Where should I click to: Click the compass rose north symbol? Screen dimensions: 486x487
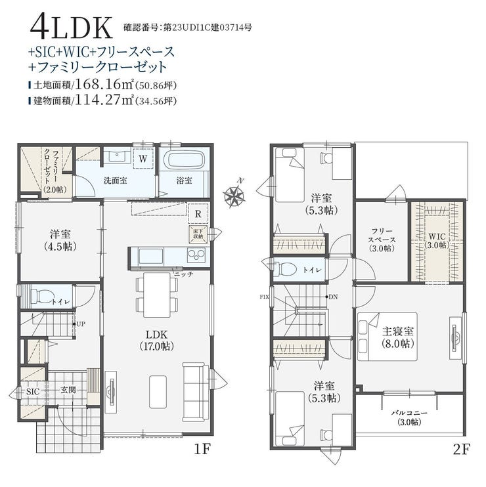[x=234, y=195]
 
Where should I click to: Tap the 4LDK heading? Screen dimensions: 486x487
[x=71, y=28]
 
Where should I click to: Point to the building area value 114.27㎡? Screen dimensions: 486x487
[x=104, y=100]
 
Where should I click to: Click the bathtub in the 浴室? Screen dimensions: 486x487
[x=185, y=159]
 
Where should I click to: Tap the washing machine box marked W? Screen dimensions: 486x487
[x=143, y=159]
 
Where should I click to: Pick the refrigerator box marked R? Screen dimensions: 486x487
[x=198, y=214]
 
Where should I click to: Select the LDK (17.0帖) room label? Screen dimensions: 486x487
[x=156, y=340]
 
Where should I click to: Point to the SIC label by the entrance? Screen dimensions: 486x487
[x=33, y=392]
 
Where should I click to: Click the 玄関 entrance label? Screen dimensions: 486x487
[x=68, y=389]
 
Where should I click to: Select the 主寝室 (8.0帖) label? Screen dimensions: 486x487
[x=398, y=337]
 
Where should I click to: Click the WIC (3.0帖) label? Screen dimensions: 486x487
[x=437, y=241]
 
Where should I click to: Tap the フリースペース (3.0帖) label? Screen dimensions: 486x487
[x=382, y=240]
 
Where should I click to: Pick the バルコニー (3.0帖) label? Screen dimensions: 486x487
[x=409, y=417]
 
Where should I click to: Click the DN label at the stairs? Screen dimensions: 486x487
[x=333, y=297]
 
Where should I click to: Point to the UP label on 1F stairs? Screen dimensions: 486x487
[x=81, y=324]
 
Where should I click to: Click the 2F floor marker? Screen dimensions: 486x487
[x=462, y=449]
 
